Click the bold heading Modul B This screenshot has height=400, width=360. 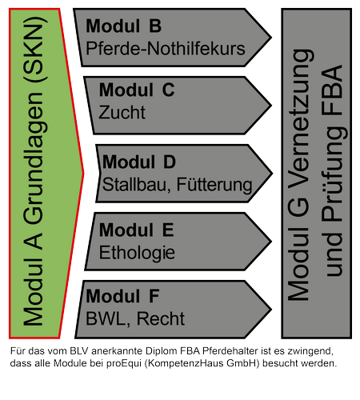click(124, 26)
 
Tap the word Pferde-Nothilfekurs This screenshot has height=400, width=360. click(166, 49)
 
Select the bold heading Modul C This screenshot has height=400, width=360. click(137, 90)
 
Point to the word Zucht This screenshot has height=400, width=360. click(122, 112)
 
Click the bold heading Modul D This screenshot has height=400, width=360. click(139, 162)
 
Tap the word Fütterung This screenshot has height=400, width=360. click(214, 185)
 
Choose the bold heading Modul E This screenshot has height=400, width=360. click(137, 230)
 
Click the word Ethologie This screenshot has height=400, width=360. click(137, 253)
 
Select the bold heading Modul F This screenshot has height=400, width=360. click(122, 296)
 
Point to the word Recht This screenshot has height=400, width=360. click(161, 318)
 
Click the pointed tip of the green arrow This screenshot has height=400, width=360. click(84, 174)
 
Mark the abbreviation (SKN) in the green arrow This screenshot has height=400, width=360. click(34, 49)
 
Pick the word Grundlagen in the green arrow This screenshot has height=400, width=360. click(34, 158)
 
